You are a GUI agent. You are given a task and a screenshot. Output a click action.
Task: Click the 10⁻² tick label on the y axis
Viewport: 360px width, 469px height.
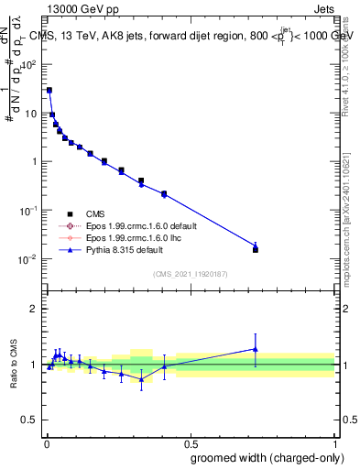(x=28, y=259)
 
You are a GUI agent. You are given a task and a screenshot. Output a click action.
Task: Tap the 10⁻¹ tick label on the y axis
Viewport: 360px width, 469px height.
(x=28, y=211)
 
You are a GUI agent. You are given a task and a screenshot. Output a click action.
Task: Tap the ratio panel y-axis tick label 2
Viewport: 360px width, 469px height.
(x=34, y=308)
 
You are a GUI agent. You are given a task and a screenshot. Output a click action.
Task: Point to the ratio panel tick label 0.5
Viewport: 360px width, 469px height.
(x=29, y=423)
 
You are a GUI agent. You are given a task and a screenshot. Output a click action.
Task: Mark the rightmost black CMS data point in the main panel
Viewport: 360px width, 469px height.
(x=256, y=249)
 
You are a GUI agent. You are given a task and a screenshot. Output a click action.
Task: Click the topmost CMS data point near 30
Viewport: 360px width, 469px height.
(x=49, y=91)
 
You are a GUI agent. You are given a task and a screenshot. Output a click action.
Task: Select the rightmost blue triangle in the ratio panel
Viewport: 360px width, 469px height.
(x=256, y=349)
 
